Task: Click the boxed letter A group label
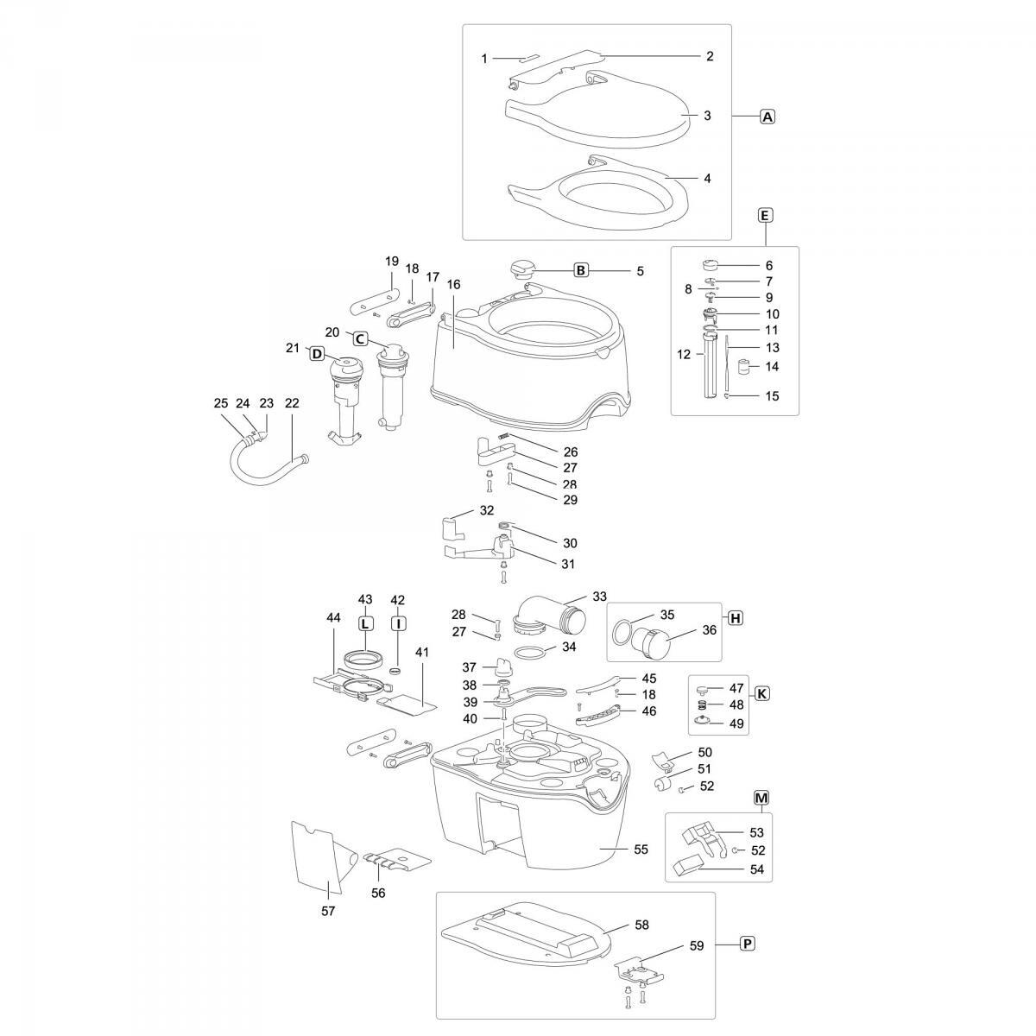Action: (768, 117)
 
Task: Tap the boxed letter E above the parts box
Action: (765, 216)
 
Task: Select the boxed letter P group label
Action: (748, 944)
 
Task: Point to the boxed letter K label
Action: (761, 693)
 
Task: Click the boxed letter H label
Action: (735, 618)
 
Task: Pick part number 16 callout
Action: (454, 284)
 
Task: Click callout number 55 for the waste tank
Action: (641, 850)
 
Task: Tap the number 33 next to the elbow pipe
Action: (599, 597)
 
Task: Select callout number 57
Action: (328, 911)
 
